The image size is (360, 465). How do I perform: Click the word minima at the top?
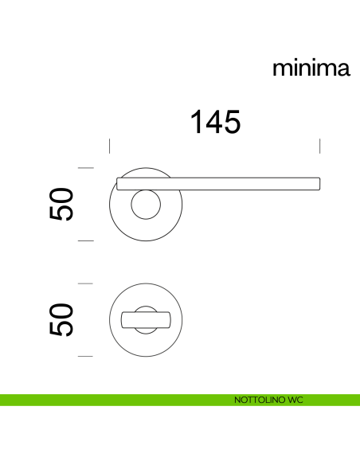pyautogui.click(x=311, y=68)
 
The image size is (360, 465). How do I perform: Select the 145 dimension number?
pyautogui.click(x=214, y=122)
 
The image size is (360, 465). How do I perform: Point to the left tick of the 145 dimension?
pyautogui.click(x=109, y=146)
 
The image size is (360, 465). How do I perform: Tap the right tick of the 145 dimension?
pyautogui.click(x=319, y=146)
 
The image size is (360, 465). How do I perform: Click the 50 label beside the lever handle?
pyautogui.click(x=61, y=204)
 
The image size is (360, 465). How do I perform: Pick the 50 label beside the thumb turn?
pyautogui.click(x=61, y=319)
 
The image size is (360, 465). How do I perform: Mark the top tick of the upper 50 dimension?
pyautogui.click(x=86, y=168)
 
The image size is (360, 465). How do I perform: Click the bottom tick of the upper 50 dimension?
pyautogui.click(x=86, y=240)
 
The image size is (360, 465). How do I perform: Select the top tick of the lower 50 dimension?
pyautogui.click(x=86, y=283)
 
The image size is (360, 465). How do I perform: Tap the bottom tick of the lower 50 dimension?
pyautogui.click(x=86, y=356)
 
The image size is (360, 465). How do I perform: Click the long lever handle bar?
pyautogui.click(x=239, y=182)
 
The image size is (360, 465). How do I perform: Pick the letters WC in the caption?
pyautogui.click(x=295, y=399)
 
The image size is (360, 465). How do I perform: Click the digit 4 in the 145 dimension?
pyautogui.click(x=214, y=122)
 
